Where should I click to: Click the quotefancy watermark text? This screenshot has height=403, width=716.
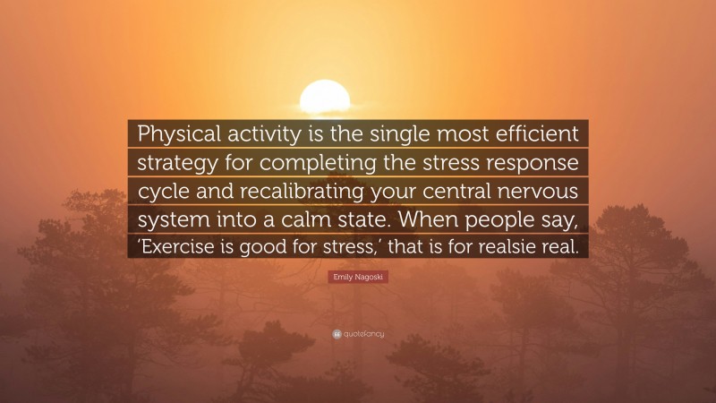point(362,334)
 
